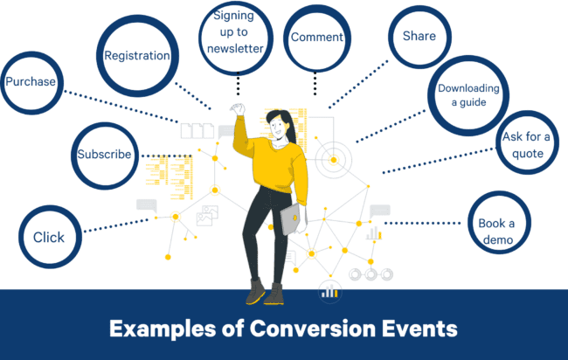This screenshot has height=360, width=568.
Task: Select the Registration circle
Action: tap(137, 56)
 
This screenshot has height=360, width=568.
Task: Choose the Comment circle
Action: tap(317, 38)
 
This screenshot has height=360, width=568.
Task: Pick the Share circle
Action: tap(419, 38)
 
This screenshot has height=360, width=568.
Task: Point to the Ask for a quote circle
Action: tap(523, 145)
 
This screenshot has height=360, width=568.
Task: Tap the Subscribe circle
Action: tap(104, 156)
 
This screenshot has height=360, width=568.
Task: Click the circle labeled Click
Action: tap(49, 237)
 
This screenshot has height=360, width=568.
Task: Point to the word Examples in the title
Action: tap(162, 329)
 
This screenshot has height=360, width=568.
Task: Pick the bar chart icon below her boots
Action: tap(329, 291)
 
